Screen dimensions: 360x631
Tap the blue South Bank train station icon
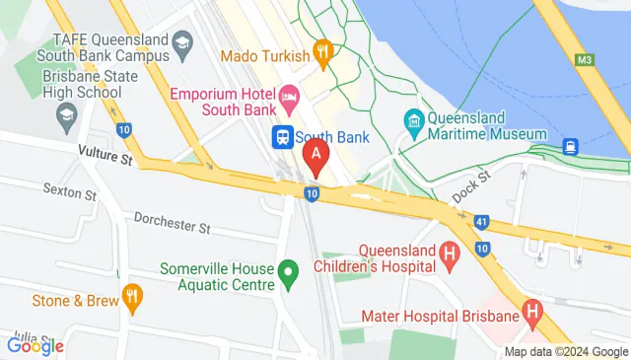click(282, 136)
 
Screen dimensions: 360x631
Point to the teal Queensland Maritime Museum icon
click(414, 121)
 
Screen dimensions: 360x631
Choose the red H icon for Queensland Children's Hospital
click(450, 257)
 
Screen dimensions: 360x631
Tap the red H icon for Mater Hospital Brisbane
click(533, 316)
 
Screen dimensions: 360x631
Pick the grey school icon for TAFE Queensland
click(181, 41)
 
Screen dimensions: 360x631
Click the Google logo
click(35, 345)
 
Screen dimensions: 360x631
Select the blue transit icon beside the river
click(571, 147)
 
